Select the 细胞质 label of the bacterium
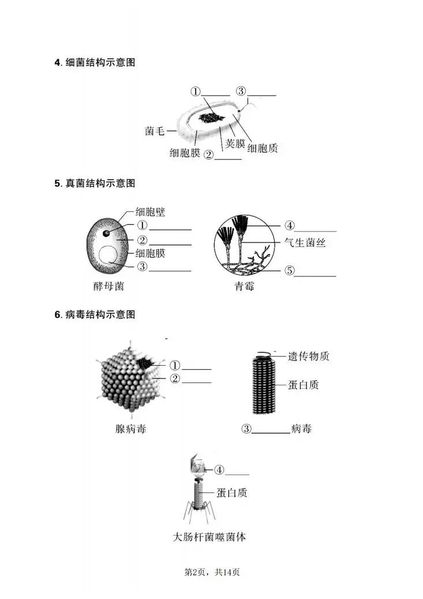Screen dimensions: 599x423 pyautogui.click(x=263, y=149)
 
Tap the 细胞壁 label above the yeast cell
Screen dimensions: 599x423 pyautogui.click(x=150, y=212)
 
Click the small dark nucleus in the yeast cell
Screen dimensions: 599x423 pyautogui.click(x=107, y=233)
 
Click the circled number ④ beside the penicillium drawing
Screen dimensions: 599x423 pyautogui.click(x=290, y=225)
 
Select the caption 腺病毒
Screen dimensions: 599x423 pyautogui.click(x=130, y=429)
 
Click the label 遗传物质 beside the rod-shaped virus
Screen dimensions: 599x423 pyautogui.click(x=309, y=356)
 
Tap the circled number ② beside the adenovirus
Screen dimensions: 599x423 pyautogui.click(x=174, y=378)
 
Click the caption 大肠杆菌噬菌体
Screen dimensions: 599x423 pyautogui.click(x=210, y=537)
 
